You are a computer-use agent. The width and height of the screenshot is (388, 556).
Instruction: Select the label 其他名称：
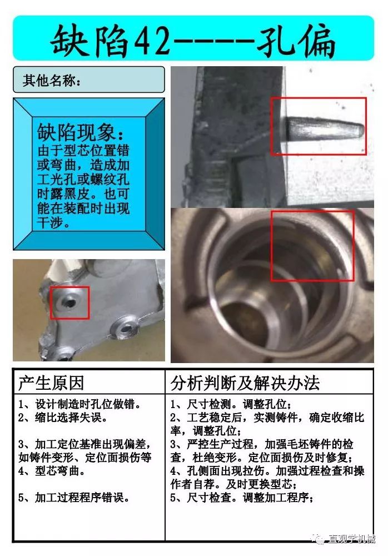click(52, 80)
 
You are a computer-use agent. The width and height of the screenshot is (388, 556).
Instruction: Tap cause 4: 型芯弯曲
click(53, 469)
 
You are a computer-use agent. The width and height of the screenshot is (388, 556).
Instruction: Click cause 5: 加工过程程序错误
click(73, 497)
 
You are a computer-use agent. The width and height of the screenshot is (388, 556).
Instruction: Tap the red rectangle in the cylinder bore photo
click(312, 245)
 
